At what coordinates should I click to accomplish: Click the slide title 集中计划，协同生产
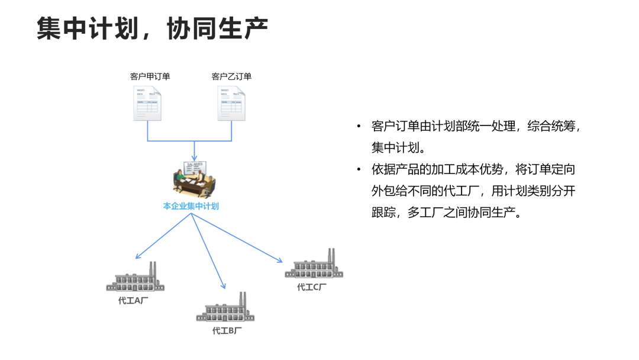point(152,28)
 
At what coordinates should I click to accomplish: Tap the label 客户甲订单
point(150,76)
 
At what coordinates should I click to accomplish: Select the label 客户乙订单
point(231,76)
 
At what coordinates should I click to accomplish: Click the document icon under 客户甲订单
point(147,104)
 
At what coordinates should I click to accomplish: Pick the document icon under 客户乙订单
point(231,104)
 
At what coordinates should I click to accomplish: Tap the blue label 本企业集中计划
point(191,207)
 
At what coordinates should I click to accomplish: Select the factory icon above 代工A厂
point(135,278)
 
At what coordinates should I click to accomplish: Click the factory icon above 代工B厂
point(225,309)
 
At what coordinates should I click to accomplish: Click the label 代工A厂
point(133,300)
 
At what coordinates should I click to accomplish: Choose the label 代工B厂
point(227,330)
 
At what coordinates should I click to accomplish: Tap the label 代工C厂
point(312,287)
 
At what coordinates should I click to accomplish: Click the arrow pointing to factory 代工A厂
point(163,236)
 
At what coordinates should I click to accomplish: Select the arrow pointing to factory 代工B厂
point(208,251)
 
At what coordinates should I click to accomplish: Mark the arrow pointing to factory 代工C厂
point(237,237)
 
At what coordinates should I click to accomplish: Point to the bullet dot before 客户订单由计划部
point(359,127)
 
